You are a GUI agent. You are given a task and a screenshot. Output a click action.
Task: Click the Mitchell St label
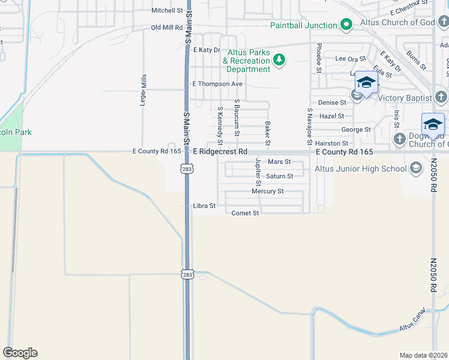point(166,10)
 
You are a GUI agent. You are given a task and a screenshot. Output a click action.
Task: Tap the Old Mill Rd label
point(166,28)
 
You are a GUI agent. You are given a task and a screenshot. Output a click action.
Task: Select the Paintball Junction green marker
point(346,25)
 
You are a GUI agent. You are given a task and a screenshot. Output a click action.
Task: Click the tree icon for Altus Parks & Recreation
point(279,60)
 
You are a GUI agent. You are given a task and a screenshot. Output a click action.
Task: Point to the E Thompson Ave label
point(216,84)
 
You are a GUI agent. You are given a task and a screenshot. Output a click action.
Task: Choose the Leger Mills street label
point(143,90)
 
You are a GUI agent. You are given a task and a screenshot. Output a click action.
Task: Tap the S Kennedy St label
point(220,125)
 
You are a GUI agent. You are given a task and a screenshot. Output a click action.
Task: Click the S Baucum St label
point(237,117)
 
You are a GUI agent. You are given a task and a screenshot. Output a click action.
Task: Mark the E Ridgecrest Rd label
point(220,152)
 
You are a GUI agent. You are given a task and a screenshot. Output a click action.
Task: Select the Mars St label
point(279,162)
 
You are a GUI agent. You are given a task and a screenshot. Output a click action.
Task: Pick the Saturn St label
point(279,176)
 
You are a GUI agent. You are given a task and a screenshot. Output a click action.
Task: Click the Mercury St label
point(267,191)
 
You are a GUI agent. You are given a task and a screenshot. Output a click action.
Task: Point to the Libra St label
point(204,206)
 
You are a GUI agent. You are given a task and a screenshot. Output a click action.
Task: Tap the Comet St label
point(245,213)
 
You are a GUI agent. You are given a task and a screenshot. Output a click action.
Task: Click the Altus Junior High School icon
point(415,169)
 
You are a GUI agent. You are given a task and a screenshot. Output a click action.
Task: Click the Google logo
point(20,353)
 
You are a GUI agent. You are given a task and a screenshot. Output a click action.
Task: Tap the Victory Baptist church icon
point(441,97)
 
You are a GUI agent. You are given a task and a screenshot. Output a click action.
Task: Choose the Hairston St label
point(332,143)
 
